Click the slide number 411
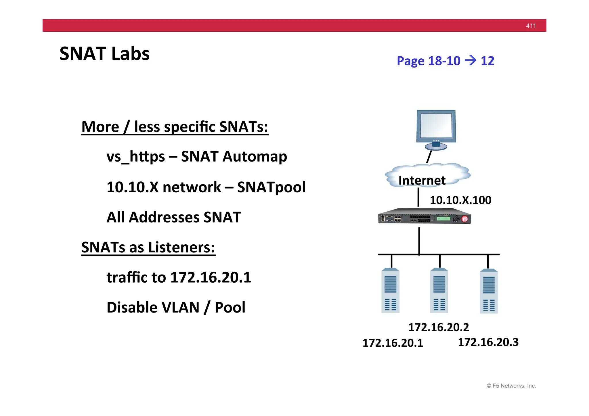coord(531,26)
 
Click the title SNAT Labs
coord(104,54)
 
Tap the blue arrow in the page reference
coord(471,60)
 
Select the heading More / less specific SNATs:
coord(175,127)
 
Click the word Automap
coord(255,157)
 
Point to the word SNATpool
coord(271,187)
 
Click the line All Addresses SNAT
coord(173,217)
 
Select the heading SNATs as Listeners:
coord(148,247)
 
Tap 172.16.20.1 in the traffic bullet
coord(211,277)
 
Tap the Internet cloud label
coord(422,180)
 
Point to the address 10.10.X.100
coord(460,200)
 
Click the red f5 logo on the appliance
coord(465,219)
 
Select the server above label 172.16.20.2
coord(439,290)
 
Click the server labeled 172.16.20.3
coord(489,291)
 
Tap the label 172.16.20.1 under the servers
coord(393,343)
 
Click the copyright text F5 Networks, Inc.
coord(511,386)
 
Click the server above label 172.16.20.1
coord(390,290)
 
